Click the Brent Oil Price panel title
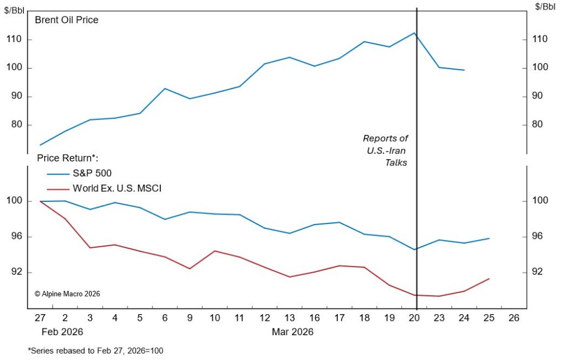click(x=66, y=20)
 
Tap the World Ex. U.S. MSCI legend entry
click(x=117, y=189)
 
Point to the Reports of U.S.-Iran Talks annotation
click(x=385, y=150)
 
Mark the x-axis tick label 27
click(x=40, y=319)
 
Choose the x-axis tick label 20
click(x=415, y=319)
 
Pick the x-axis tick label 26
click(x=514, y=319)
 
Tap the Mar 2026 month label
click(x=292, y=332)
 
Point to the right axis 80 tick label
click(x=541, y=125)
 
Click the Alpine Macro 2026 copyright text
click(x=67, y=294)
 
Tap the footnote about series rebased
click(x=95, y=351)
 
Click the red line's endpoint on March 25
click(x=489, y=279)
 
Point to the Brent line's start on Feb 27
click(x=40, y=145)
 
